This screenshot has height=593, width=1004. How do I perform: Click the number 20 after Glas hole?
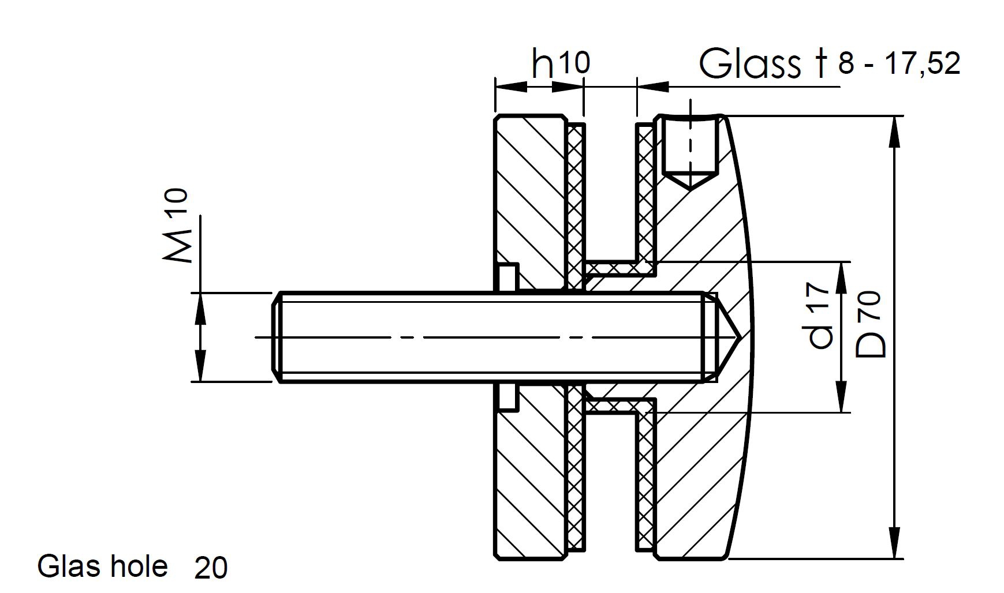pos(211,568)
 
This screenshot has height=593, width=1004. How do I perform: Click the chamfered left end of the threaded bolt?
pos(277,337)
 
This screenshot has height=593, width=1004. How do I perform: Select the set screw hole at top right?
pos(690,151)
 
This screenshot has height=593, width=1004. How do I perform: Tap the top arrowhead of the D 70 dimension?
pos(894,130)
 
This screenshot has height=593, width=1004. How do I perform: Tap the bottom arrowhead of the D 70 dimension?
pos(894,545)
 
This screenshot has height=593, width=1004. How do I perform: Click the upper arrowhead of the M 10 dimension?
pos(200,306)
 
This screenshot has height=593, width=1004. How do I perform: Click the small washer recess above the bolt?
pos(509,277)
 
